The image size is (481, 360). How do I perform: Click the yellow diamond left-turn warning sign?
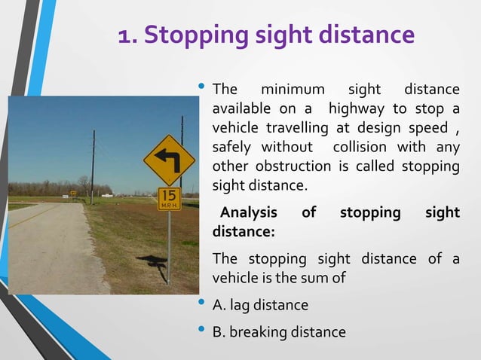click(x=169, y=160)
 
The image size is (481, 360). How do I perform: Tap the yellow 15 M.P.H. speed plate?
click(x=169, y=199)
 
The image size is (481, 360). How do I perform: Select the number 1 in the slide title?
click(x=125, y=35)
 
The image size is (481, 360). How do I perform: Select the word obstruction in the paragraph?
click(x=295, y=166)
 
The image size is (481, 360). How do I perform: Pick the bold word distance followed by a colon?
click(x=244, y=231)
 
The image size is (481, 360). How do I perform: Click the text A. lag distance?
click(x=260, y=305)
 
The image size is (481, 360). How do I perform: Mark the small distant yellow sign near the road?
click(x=73, y=194)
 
